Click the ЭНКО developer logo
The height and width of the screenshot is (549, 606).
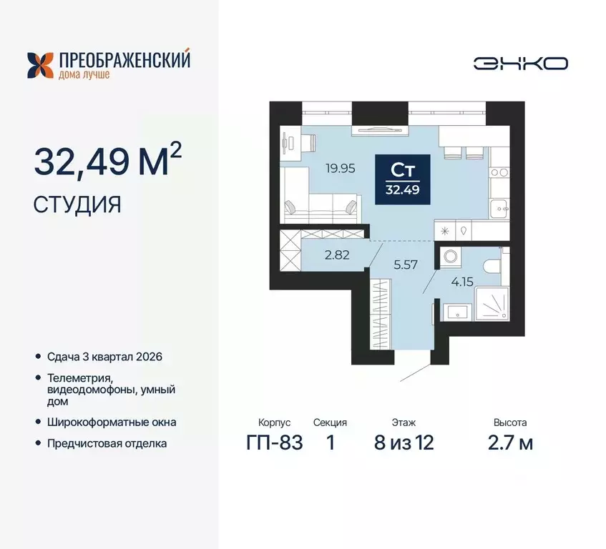click(x=520, y=64)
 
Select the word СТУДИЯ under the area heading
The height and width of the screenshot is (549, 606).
click(x=77, y=205)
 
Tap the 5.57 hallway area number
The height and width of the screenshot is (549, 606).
click(x=405, y=264)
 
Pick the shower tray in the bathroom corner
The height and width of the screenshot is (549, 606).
click(x=492, y=306)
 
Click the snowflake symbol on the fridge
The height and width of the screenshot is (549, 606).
click(x=446, y=230)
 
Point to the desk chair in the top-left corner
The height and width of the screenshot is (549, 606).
click(x=288, y=142)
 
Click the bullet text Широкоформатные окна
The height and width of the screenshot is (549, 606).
click(x=112, y=422)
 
